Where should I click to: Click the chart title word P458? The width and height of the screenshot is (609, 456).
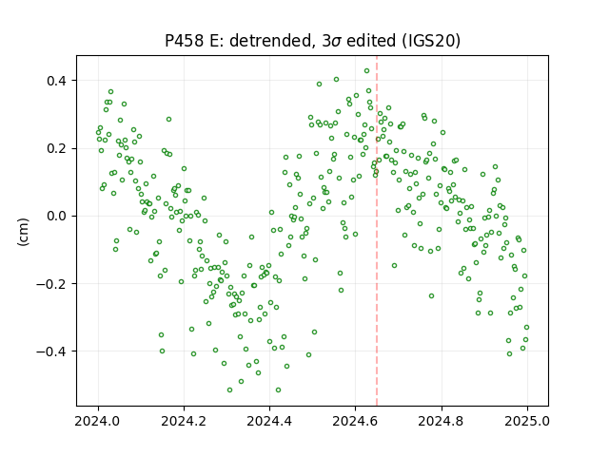(184, 40)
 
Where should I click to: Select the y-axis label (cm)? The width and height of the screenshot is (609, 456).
(23, 232)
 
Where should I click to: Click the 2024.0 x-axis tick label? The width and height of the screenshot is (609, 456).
(98, 421)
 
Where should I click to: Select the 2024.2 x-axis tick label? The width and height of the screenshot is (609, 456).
(184, 421)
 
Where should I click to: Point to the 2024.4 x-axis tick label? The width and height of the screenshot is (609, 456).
(269, 421)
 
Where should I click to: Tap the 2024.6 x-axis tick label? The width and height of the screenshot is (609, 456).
(355, 421)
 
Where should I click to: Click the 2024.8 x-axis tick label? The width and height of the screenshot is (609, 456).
(442, 421)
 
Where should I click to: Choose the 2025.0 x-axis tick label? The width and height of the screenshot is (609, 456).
(527, 421)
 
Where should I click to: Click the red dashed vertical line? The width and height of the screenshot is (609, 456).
(377, 231)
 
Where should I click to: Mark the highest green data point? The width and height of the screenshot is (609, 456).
(366, 71)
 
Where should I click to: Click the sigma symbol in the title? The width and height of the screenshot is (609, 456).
(336, 42)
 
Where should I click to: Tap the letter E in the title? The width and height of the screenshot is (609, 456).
(213, 40)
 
